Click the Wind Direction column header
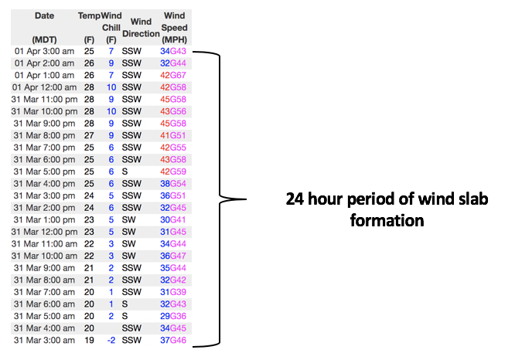(x=141, y=28)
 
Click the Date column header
(x=45, y=15)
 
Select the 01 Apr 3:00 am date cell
(x=45, y=51)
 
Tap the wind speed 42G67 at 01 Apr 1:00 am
(x=173, y=75)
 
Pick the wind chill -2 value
(x=110, y=341)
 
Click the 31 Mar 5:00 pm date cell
(x=45, y=172)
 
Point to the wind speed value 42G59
(x=173, y=172)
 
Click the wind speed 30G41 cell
(x=173, y=220)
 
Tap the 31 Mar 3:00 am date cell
(x=45, y=341)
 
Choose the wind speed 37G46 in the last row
(x=173, y=341)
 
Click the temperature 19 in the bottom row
(x=89, y=341)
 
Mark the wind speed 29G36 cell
(x=173, y=317)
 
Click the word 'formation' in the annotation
(x=386, y=220)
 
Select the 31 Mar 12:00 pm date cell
(x=45, y=232)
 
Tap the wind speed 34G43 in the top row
(x=173, y=51)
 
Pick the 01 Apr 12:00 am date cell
(x=45, y=87)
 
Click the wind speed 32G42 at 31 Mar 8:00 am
(x=173, y=280)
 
